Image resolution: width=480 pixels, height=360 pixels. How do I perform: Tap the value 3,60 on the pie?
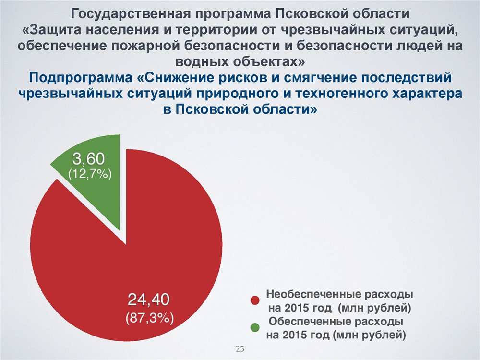[88, 159]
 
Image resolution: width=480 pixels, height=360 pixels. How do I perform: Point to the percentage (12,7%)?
[90, 174]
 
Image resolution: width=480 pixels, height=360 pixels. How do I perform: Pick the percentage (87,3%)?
[150, 318]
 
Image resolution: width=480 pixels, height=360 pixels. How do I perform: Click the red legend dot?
[255, 300]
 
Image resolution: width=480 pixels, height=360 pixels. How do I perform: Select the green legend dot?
[255, 327]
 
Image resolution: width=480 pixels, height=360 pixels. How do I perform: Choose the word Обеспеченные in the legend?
[310, 322]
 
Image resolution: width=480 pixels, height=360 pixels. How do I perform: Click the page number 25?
[240, 348]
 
